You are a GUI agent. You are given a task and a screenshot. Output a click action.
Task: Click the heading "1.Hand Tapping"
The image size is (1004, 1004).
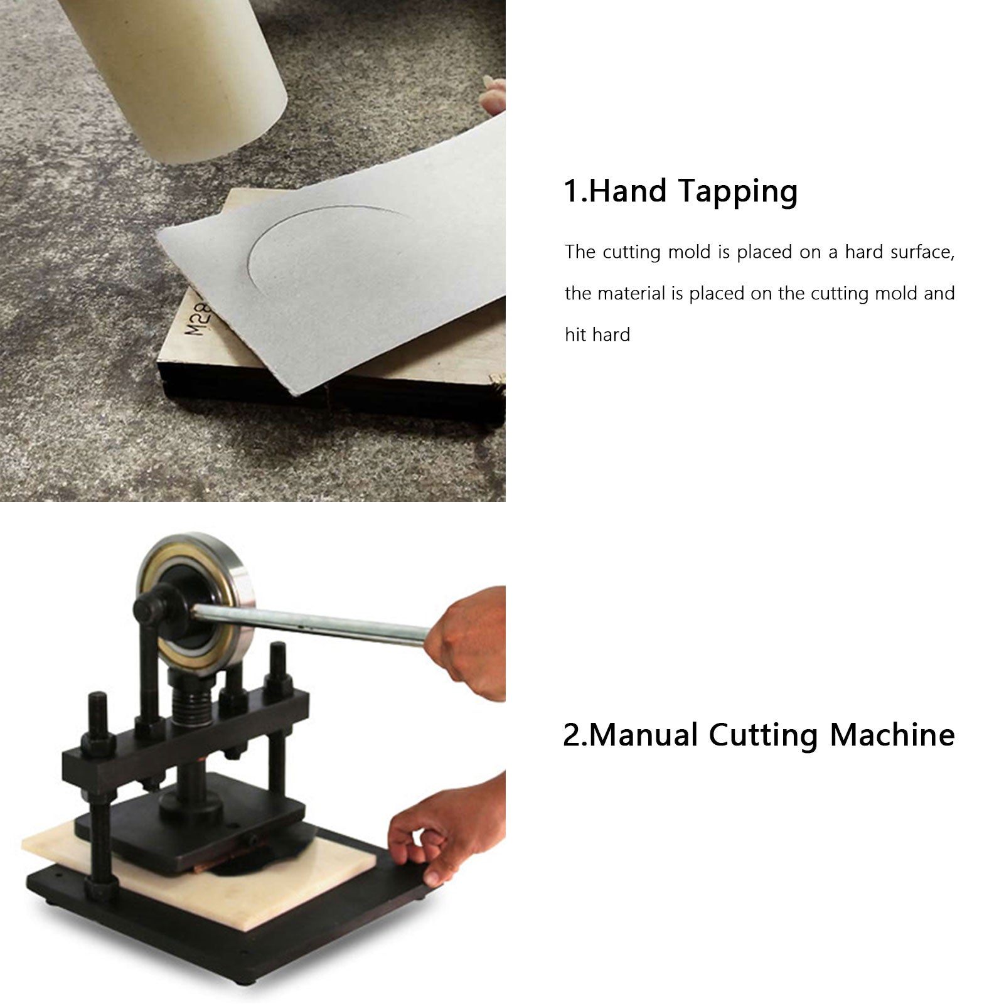tap(681, 191)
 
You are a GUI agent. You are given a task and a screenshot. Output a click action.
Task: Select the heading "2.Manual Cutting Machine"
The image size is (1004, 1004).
tap(759, 735)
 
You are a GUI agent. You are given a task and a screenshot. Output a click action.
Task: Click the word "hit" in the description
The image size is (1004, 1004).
tap(574, 334)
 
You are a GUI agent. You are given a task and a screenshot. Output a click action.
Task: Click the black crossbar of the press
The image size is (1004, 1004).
tap(185, 747)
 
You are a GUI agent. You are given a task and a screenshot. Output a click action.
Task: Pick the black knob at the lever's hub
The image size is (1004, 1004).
tap(154, 606)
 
